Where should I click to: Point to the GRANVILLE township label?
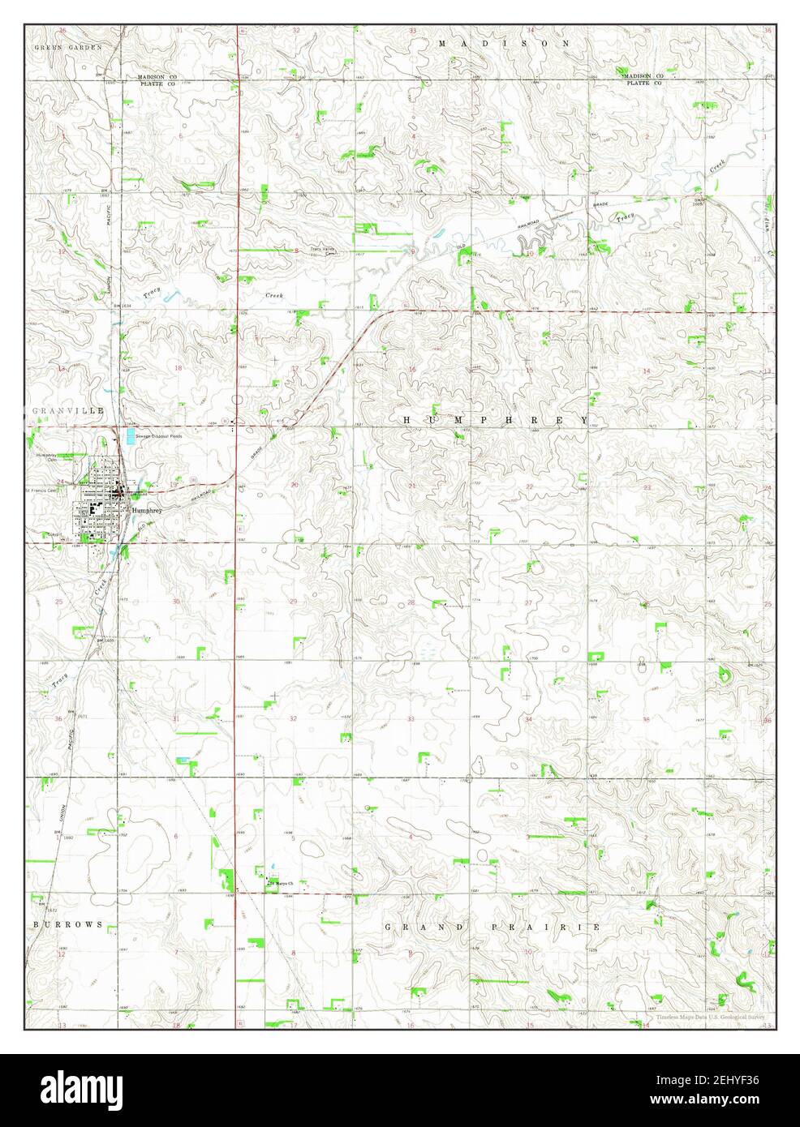tap(58, 412)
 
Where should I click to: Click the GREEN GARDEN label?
tap(68, 48)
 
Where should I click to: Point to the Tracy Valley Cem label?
tap(323, 251)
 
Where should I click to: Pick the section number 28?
tap(411, 602)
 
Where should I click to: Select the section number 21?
tap(412, 486)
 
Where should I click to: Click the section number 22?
tap(529, 486)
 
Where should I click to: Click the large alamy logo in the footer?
tap(86, 1091)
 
